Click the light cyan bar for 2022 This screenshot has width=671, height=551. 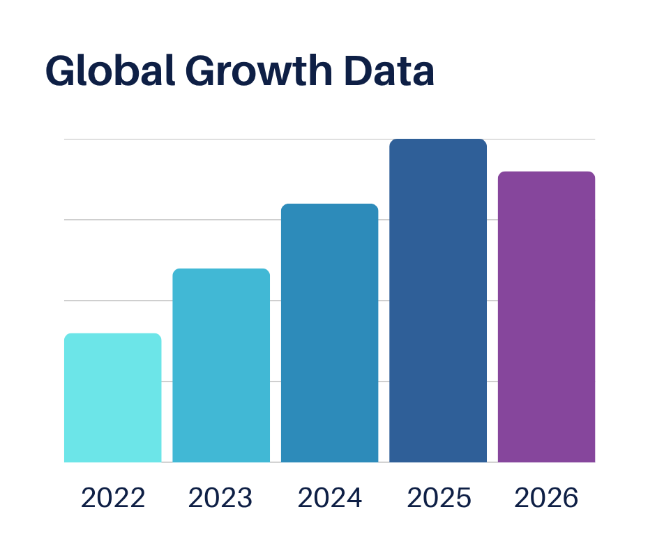coord(112,398)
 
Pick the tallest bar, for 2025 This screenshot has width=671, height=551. coord(437,300)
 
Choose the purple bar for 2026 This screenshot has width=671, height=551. coord(546,317)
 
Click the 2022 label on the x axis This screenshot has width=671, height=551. coord(113,498)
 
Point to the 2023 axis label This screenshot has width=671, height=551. coord(220,498)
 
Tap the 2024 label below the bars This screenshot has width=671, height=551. coord(330,498)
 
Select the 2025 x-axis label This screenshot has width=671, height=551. coord(439,498)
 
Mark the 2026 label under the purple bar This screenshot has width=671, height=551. coord(547,498)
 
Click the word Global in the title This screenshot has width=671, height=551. coord(110,71)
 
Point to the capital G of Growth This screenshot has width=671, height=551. coord(202,72)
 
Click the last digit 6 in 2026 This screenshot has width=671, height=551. coord(571,498)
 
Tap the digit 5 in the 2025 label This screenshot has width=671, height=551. coord(462,498)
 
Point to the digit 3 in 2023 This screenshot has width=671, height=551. coord(244,498)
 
